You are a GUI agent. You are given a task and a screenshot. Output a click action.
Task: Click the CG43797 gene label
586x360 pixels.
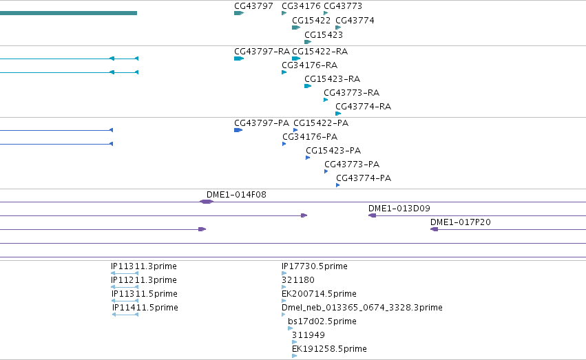click(253, 6)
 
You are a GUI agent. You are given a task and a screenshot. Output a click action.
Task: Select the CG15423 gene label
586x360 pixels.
click(323, 34)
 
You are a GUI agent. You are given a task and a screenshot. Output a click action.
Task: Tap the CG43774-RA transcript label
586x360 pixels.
click(364, 107)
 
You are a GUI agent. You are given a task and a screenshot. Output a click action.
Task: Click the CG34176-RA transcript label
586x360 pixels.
click(309, 65)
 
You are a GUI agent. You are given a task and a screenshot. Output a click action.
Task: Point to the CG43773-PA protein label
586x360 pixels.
click(352, 165)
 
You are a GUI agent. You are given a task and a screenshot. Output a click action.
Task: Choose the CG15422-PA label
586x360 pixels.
click(321, 123)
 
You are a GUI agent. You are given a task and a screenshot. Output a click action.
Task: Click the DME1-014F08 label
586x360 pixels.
click(236, 195)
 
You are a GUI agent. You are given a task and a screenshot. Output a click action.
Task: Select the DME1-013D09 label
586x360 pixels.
click(399, 209)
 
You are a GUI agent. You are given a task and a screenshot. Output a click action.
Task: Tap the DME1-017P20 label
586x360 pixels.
click(461, 222)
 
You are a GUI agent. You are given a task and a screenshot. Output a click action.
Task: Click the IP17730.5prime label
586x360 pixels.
click(314, 266)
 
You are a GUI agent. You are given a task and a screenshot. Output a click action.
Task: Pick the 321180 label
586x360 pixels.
click(298, 280)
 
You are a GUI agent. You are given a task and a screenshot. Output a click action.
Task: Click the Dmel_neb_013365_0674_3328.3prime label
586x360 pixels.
click(362, 308)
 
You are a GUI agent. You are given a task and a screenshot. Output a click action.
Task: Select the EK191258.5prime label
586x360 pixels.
click(329, 349)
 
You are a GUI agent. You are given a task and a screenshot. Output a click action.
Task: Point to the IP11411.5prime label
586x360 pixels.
click(145, 308)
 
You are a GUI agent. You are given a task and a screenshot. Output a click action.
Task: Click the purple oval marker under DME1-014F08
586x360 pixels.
click(207, 202)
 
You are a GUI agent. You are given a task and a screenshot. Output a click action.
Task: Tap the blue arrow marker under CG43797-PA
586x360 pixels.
click(238, 130)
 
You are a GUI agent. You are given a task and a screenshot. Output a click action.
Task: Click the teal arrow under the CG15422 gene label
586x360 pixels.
click(296, 28)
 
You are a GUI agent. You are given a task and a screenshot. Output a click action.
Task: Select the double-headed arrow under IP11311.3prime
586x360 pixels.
click(125, 273)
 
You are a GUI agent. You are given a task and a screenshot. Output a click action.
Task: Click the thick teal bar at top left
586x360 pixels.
click(68, 13)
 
